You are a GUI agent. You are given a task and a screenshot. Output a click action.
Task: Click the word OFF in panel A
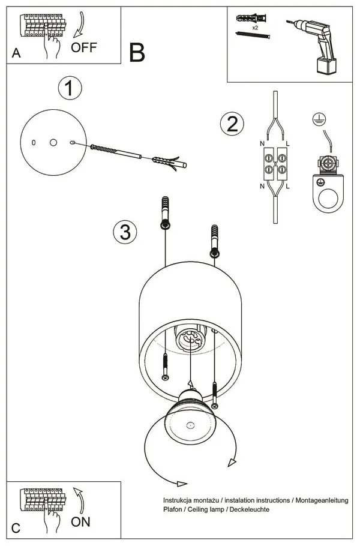pos(83,47)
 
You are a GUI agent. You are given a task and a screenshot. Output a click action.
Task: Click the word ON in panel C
pos(80,521)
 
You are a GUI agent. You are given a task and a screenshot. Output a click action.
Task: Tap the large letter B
pos(137,53)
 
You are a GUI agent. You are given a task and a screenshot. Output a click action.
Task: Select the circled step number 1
pos(70,89)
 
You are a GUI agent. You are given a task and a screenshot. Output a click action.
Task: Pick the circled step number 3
pos(125,232)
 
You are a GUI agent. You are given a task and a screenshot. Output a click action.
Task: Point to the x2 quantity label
pos(255,28)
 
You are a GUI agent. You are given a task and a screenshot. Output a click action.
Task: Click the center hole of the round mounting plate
pos(53,142)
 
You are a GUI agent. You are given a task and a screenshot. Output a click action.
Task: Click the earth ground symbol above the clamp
pos(319,119)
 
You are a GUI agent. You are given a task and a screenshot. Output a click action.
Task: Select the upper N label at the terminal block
pos(262,144)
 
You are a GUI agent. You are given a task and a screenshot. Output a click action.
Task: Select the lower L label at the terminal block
pos(288,187)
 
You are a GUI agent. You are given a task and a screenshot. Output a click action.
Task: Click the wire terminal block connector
pos(275,164)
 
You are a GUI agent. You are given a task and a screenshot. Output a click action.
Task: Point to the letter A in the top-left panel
pos(16,53)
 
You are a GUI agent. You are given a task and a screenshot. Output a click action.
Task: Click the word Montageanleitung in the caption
pos(321,500)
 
